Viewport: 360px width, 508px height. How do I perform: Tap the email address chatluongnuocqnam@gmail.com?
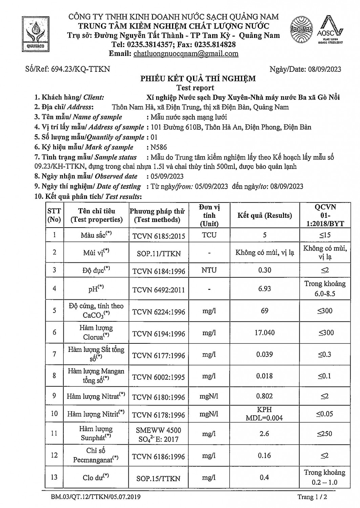coord(186,54)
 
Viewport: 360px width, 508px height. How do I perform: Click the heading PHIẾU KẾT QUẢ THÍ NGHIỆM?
coord(198,79)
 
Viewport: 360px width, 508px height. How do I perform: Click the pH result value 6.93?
coord(264,289)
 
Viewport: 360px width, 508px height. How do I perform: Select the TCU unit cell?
coord(209,235)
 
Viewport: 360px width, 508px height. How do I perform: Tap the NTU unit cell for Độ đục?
coord(209,270)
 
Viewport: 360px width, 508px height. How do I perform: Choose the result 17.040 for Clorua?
coord(264,333)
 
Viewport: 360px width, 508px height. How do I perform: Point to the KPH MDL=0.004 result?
coord(264,414)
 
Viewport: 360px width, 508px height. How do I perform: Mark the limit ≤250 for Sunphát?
coord(325,434)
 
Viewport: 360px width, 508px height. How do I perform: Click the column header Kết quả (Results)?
coord(264,215)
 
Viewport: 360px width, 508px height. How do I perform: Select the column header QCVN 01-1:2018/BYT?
coord(325,215)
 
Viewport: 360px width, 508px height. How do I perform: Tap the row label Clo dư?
coord(96,478)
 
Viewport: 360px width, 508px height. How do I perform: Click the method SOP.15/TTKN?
coord(158,479)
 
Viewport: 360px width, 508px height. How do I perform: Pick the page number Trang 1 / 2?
coord(313,497)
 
